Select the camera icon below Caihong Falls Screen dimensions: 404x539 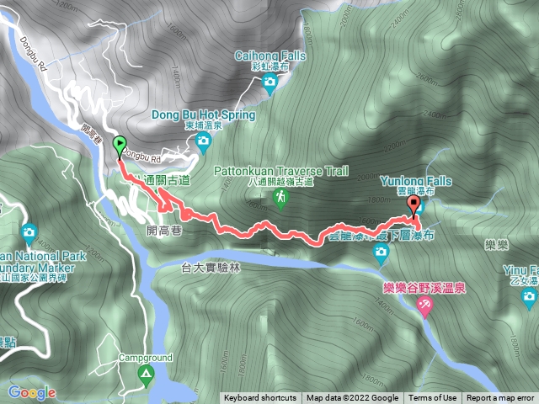[269, 82]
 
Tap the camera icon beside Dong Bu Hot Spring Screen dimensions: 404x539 [203, 143]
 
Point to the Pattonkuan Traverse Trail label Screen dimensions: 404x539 [281, 169]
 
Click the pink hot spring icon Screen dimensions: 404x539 [424, 310]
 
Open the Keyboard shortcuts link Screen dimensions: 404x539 [260, 398]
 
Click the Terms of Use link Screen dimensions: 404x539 [434, 398]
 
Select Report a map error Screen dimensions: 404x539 [500, 398]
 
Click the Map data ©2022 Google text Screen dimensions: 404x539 [352, 398]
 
